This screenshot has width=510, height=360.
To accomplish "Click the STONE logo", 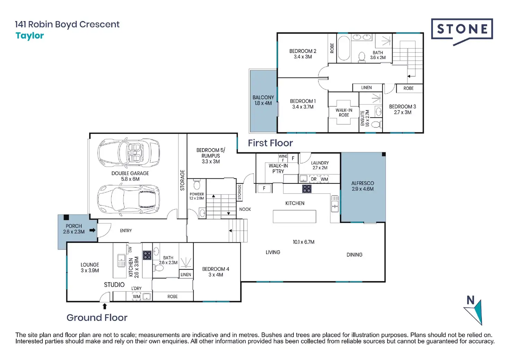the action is tap(462, 31).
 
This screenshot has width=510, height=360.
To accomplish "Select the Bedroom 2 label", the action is tap(302, 54).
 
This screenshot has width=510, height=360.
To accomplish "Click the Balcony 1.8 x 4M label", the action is tap(263, 100).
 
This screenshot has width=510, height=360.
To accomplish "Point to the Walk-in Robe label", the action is tap(344, 112).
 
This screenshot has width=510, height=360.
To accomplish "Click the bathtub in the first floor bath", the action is tap(344, 48).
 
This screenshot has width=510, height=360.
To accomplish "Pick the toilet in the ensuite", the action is tap(376, 124).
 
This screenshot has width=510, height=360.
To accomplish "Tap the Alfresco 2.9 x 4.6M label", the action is tap(362, 186).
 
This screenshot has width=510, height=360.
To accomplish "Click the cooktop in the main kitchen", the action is tap(307, 189).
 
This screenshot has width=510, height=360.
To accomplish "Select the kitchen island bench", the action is tap(294, 216).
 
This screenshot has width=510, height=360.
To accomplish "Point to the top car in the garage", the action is tap(129, 152).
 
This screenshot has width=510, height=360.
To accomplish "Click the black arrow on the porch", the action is tap(93, 231).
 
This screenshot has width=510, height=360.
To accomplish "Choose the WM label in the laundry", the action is tap(324, 179).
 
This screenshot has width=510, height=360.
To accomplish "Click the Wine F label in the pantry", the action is tap(283, 158).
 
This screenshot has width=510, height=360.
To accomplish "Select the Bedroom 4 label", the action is tap(216, 272).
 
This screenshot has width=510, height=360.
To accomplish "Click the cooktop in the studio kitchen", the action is tap(147, 255).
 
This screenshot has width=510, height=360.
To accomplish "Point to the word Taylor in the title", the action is tap(29, 36).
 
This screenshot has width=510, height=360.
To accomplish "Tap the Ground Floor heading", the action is tap(97, 317).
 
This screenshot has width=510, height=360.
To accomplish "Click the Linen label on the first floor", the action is tap(366, 88).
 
